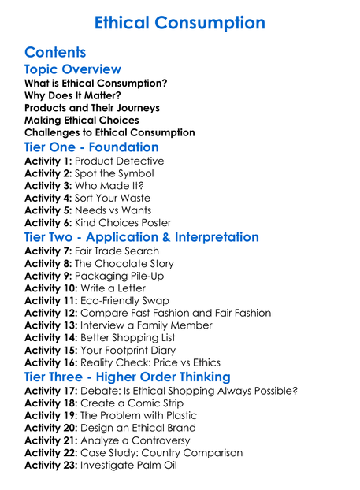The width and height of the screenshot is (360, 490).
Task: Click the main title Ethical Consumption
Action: [x=180, y=23]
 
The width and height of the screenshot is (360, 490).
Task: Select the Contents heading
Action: [x=55, y=53]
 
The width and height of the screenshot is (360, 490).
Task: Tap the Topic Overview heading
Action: [x=72, y=70]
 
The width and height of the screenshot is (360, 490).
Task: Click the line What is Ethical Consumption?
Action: [x=95, y=83]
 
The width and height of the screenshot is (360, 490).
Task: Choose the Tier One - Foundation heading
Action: [x=91, y=147]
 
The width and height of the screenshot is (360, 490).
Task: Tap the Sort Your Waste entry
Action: [x=113, y=198]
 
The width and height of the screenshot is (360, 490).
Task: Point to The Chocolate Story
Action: [x=124, y=263]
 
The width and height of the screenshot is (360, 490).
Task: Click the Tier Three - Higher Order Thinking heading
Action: [x=127, y=377]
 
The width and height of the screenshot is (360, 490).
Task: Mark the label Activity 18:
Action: [x=51, y=403]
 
